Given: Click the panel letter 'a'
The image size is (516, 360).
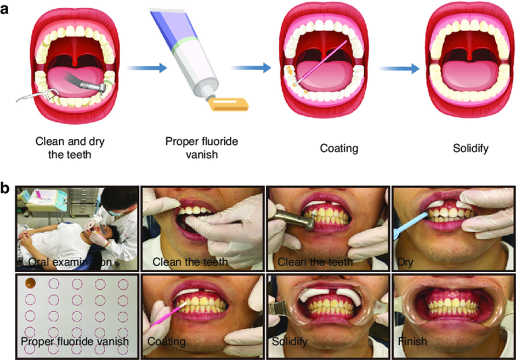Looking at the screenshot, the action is point(4,9).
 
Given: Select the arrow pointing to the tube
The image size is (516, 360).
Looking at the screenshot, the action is point(147,68).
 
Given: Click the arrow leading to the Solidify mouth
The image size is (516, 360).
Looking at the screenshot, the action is point(399,69).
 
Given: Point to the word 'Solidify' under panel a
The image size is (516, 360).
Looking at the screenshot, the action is point(470,148).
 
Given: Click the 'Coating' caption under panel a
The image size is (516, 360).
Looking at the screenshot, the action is point(339,148).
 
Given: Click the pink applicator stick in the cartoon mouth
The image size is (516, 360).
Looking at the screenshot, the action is point(321,62).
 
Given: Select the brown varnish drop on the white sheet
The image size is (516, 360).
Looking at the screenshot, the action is point(31,283).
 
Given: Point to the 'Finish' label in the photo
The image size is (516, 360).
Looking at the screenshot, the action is point(413,341).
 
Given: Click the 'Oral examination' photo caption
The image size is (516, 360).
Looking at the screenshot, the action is point(70,262).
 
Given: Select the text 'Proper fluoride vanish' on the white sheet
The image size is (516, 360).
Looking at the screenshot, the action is point(75,341).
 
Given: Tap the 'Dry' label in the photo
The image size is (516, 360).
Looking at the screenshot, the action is point(405,262).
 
